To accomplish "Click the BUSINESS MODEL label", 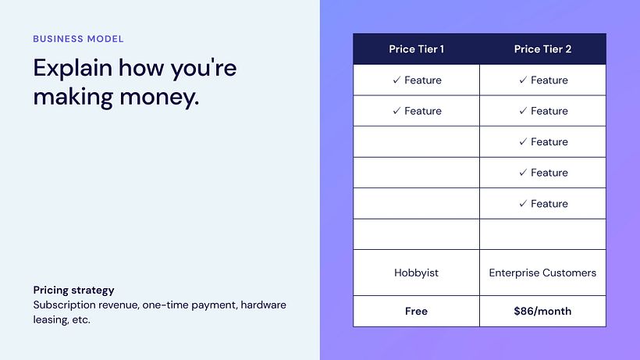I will (78, 38).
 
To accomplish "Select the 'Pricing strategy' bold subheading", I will (73, 290).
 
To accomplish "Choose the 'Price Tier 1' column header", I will (416, 49).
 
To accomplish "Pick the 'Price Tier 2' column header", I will (542, 49).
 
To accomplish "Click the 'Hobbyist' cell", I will (416, 273).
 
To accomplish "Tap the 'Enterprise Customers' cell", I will (542, 273).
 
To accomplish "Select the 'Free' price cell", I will (416, 311).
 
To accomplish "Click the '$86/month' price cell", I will (542, 311).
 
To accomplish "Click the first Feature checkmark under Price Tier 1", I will (396, 80).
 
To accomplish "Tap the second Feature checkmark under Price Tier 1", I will (396, 111).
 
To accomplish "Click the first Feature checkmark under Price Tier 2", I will (523, 80).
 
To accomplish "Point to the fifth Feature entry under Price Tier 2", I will (543, 204).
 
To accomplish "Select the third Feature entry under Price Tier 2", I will (543, 142).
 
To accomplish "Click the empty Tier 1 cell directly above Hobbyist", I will (416, 234).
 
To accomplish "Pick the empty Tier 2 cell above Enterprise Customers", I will (542, 234).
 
